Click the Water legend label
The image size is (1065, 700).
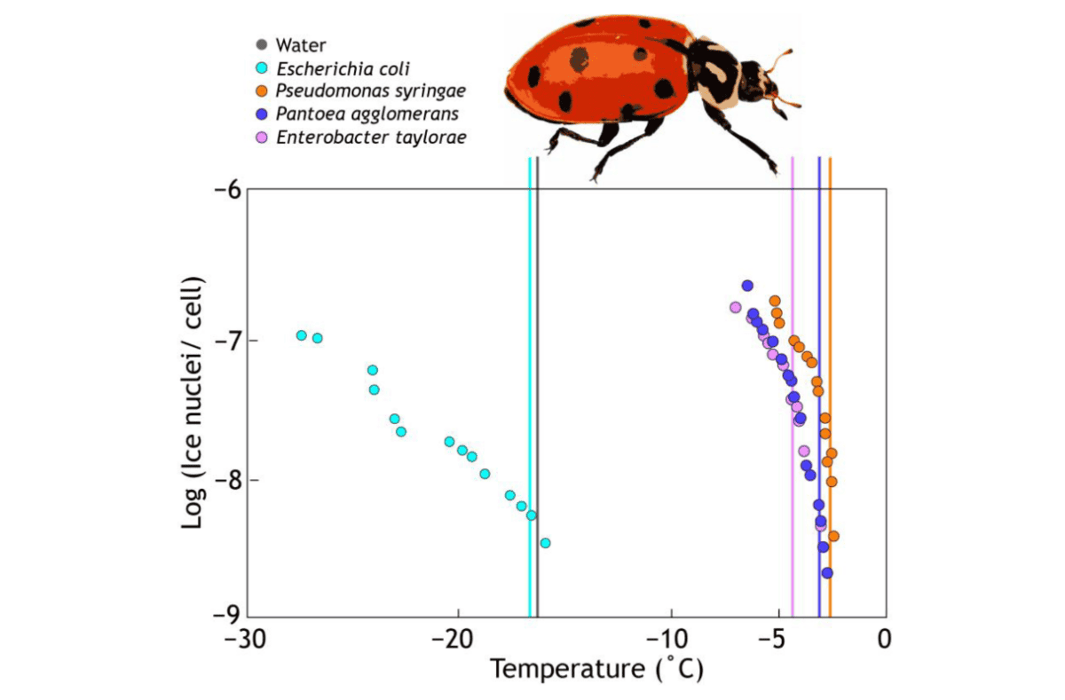[x=301, y=45]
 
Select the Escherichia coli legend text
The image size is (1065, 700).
[x=343, y=69]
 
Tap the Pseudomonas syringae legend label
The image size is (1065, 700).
[x=370, y=90]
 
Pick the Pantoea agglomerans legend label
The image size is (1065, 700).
[x=367, y=114]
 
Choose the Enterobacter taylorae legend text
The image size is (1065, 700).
[x=371, y=138]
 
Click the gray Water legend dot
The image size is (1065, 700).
[x=262, y=44]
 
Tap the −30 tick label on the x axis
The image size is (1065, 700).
[x=245, y=641]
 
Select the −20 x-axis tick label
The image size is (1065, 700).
[x=452, y=641]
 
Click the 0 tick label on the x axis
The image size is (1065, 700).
[x=884, y=641]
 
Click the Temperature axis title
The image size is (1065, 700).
[x=596, y=669]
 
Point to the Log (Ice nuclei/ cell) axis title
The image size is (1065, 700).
[x=193, y=402]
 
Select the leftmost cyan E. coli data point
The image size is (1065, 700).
[x=302, y=335]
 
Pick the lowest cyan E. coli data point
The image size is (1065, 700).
[x=545, y=543]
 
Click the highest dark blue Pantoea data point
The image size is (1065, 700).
[x=747, y=286]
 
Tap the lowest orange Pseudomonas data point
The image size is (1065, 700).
[x=833, y=536]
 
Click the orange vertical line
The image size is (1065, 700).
[x=830, y=387]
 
